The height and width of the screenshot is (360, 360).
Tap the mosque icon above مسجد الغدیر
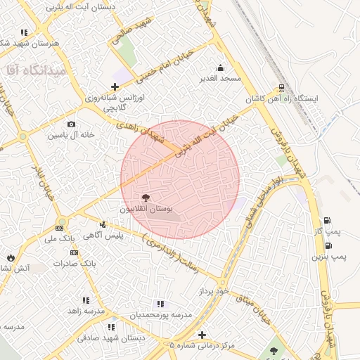point(221,67)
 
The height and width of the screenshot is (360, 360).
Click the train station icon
point(282,88)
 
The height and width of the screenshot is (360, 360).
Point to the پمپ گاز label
point(326,231)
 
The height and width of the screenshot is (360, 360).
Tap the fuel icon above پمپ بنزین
point(328,245)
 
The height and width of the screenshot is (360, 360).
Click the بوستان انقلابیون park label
point(146,210)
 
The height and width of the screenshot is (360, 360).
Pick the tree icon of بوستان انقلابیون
point(146,198)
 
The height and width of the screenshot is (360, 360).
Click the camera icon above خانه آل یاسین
point(71,124)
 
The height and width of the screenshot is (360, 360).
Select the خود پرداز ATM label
point(214,290)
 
